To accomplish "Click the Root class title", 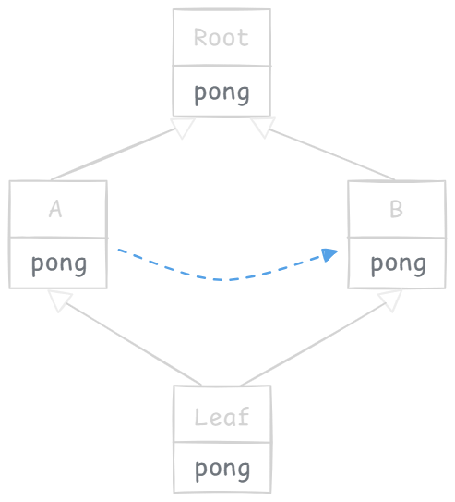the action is pos(222,38).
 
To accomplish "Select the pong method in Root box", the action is pos(222,93).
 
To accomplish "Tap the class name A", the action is pos(55,209).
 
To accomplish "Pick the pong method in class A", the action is pos(59,264).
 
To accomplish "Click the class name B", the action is pos(396,209).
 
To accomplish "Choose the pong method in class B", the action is pos(398,264).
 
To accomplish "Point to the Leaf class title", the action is pos(222,417).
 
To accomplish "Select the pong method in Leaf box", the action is pos(222,470).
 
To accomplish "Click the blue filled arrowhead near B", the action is pos(329,254).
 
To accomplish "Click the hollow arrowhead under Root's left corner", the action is pos(183,127).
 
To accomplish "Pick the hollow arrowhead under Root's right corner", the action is pos(263,127).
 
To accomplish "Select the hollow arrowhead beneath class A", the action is pos(59,300).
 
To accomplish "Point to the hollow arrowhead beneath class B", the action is pos(390,300).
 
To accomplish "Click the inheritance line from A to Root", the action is pos(114,154).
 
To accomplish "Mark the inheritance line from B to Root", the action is pos(332,154).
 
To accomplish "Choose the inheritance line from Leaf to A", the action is pos(133,344).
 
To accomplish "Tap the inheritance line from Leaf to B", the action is pos(313,344).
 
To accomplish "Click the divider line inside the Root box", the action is pos(222,66).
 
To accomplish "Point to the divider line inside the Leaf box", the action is pos(222,443).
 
